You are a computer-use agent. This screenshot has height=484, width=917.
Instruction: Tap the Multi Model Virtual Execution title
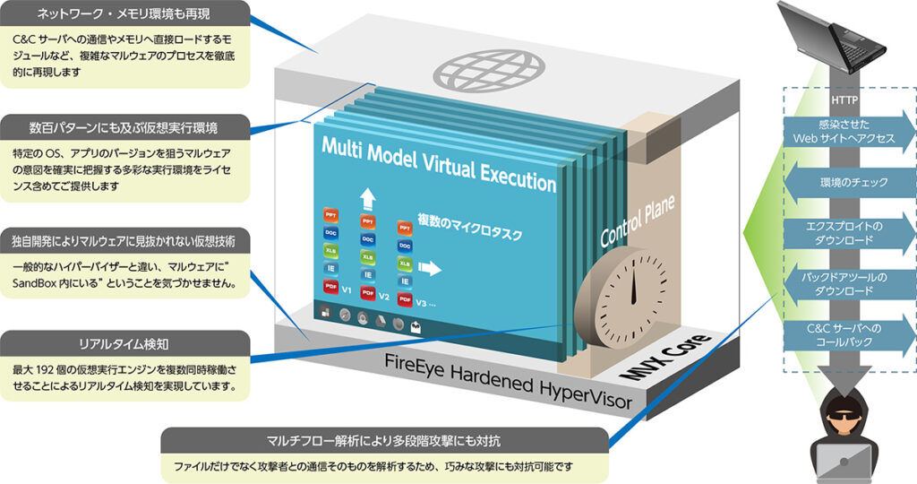[439, 164]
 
